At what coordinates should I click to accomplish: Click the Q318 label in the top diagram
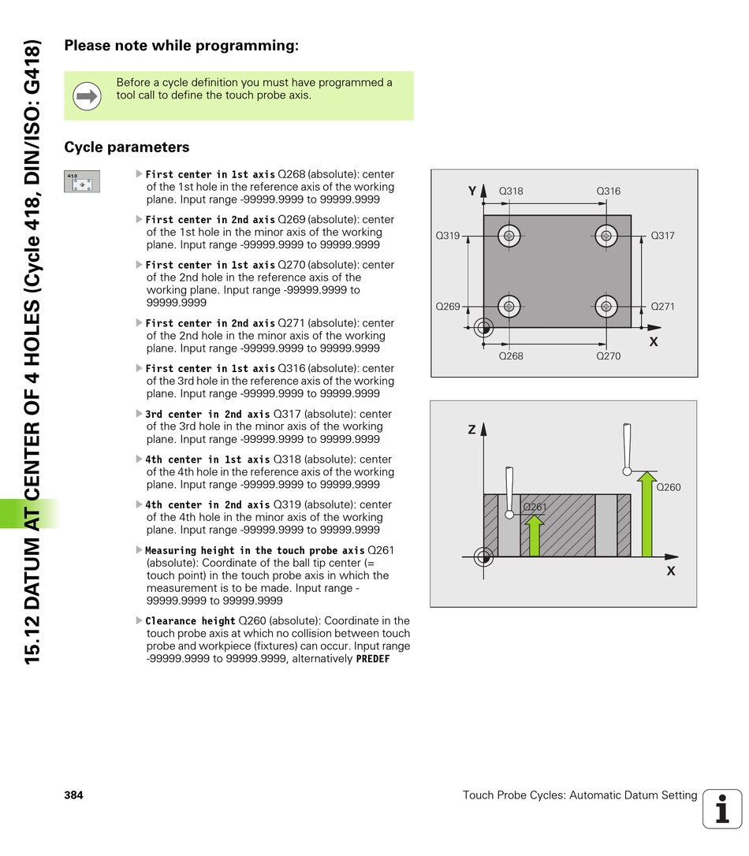[511, 192]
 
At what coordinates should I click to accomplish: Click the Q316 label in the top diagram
[608, 192]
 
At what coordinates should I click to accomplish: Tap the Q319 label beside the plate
[448, 236]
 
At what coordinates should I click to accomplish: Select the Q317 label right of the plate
[662, 236]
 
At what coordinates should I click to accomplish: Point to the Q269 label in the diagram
[448, 307]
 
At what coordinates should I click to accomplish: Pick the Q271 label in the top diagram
[662, 307]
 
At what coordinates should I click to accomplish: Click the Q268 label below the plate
[511, 356]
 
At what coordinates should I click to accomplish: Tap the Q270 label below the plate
[608, 356]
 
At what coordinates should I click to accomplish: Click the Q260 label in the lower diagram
[668, 488]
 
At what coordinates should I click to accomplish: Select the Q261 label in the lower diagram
[535, 507]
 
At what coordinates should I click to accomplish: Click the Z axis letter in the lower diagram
[471, 430]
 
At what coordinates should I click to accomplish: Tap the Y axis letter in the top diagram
[472, 192]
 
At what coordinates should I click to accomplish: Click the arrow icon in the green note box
[87, 96]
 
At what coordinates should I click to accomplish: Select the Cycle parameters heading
[126, 147]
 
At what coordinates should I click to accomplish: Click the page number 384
[73, 795]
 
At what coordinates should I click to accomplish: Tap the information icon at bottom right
[722, 809]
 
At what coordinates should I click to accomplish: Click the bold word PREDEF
[373, 659]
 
